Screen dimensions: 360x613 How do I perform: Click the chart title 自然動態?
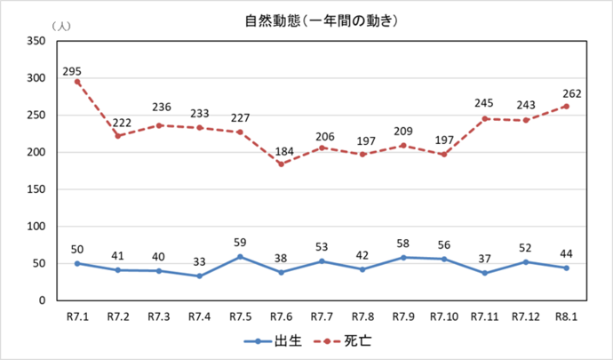306,20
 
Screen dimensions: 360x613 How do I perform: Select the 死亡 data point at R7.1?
77,82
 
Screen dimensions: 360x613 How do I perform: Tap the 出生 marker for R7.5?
240,257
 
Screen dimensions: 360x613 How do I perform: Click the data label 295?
73,69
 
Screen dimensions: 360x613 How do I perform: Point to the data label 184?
281,150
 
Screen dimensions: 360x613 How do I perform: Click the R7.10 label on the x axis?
444,316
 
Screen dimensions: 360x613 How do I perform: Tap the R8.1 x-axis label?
566,316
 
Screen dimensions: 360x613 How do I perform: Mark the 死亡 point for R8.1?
566,107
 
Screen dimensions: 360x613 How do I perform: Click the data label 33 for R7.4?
199,263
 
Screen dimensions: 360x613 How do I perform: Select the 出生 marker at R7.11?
484,273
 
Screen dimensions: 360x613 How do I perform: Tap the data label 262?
569,93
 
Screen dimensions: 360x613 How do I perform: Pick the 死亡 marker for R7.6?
281,164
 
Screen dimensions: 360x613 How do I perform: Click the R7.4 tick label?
199,316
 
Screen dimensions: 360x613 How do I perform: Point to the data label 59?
240,244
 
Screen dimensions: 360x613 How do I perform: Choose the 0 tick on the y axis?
43,300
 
